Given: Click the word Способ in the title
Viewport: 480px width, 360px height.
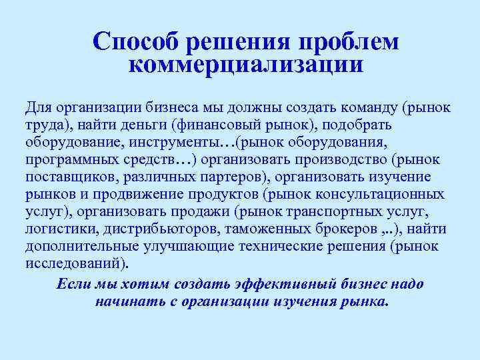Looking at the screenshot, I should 135,41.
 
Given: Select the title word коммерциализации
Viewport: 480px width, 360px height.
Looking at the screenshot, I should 245,65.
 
